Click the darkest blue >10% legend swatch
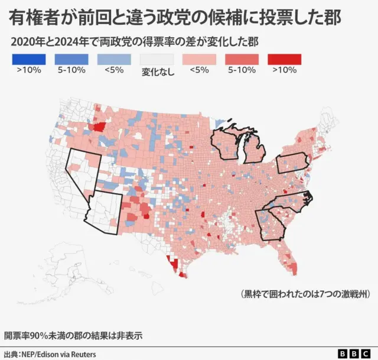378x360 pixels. (28, 60)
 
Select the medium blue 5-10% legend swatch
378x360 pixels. (71, 60)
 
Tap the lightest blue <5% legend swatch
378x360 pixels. (114, 60)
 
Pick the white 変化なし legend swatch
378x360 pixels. (157, 60)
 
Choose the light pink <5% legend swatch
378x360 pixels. (199, 60)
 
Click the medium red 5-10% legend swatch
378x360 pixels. (242, 60)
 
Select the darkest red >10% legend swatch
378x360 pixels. (284, 60)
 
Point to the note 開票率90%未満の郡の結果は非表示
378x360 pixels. (73, 335)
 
